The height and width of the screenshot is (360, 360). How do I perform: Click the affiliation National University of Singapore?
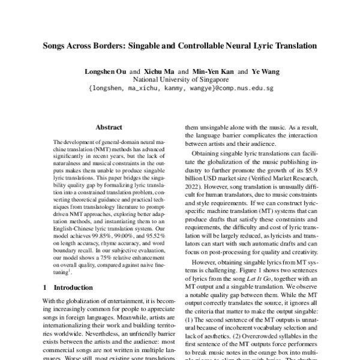(x=180, y=79)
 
